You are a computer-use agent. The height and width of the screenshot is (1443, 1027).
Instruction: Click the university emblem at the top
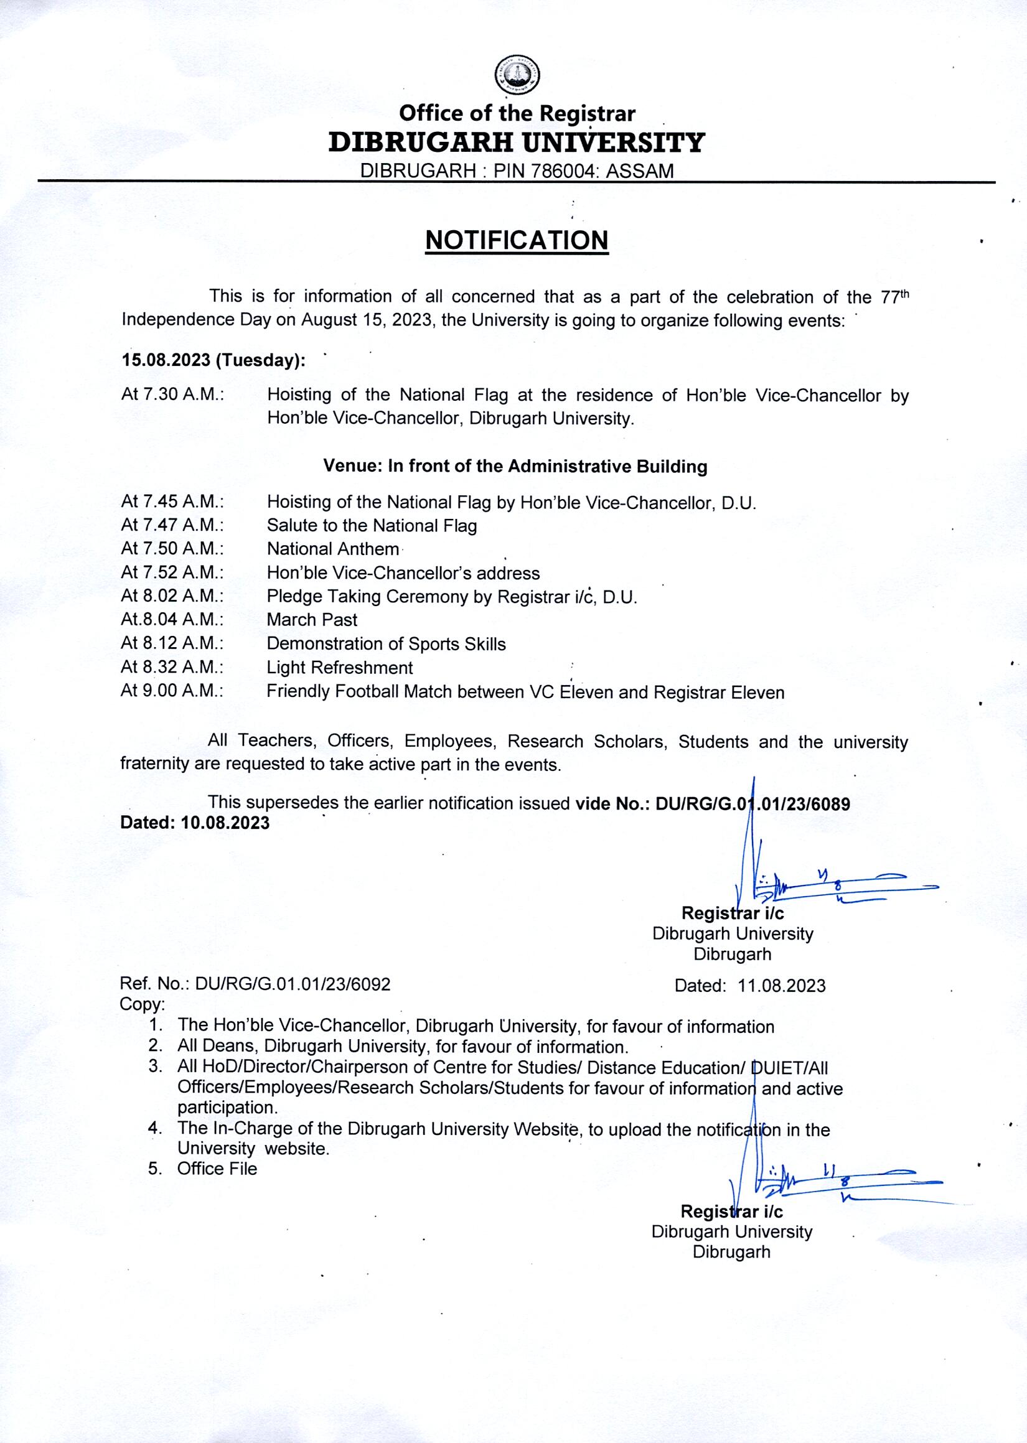[x=517, y=74]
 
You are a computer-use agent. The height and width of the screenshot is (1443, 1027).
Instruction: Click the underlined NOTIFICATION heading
[x=517, y=241]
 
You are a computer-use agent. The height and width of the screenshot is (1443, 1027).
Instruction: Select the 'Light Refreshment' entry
[x=340, y=667]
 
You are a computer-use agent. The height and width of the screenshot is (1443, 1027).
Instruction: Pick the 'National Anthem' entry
[x=332, y=549]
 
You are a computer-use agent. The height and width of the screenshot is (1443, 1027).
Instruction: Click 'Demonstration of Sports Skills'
[x=386, y=643]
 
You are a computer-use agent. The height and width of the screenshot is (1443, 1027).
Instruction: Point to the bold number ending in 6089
[x=753, y=804]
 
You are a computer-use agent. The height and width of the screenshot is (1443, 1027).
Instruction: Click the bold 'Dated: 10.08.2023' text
[x=195, y=823]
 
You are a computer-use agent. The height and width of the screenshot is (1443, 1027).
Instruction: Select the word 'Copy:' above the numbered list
[x=143, y=1004]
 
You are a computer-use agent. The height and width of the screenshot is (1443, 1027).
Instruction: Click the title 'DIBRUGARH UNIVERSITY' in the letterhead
[x=516, y=143]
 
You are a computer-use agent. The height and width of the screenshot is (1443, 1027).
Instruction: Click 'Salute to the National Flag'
[x=372, y=525]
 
